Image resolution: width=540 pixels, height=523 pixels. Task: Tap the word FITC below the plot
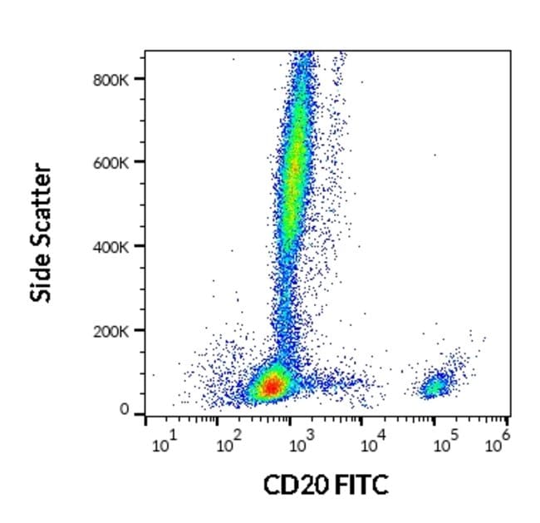click(360, 485)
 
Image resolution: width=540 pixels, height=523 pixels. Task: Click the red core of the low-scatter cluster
click(271, 386)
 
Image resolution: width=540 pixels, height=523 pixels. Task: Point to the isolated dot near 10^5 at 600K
click(434, 155)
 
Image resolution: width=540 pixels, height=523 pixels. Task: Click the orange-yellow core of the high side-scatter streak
click(293, 166)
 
